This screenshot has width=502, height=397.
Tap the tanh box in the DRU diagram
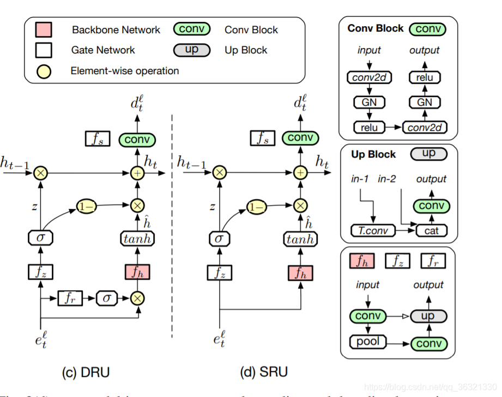point(137,238)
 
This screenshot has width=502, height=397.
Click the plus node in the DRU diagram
point(137,173)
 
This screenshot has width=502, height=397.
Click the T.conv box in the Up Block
point(374,231)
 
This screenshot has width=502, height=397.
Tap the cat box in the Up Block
point(431,231)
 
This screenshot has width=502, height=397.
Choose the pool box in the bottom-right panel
point(367,343)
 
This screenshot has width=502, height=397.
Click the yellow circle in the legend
point(44,71)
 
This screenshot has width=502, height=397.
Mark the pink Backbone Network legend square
point(44,30)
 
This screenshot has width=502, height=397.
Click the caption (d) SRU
point(264,372)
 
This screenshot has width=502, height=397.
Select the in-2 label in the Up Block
point(387,179)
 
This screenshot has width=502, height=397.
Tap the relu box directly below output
point(425,77)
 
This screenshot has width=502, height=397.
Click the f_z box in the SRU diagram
point(219,272)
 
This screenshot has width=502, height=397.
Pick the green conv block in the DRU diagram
point(137,140)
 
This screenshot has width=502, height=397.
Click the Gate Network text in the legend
point(103,50)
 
